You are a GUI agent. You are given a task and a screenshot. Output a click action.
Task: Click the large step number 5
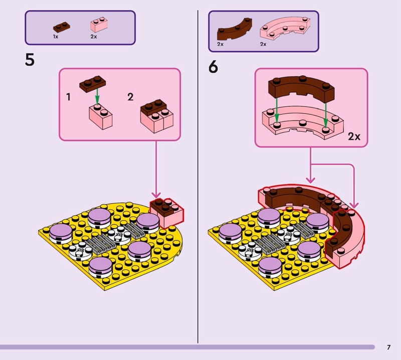coord(30,61)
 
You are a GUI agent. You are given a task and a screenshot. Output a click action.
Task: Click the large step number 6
coord(214,67)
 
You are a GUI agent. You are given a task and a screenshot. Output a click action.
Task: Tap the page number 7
coord(388,347)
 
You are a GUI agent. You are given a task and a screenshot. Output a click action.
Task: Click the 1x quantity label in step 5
coord(56,37)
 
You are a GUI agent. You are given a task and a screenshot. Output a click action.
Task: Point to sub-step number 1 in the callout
coord(69,97)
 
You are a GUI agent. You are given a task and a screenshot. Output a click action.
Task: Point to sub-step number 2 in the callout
coord(130,97)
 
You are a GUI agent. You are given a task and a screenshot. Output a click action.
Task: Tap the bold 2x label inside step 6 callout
coord(354,136)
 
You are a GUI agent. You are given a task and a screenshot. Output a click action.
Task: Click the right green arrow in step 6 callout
coord(326,113)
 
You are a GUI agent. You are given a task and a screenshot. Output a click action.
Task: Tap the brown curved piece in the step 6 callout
coord(302,89)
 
